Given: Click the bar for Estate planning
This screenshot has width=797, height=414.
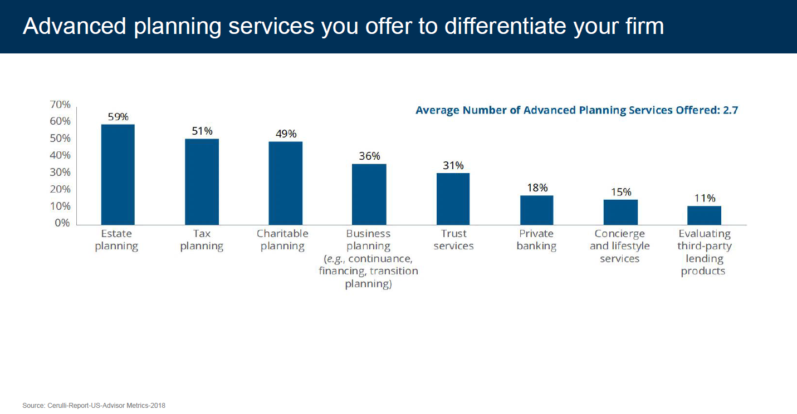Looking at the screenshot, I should [x=118, y=174].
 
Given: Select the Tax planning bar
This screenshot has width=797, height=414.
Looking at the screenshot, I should [x=202, y=181].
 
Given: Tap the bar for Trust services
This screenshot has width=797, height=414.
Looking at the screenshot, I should [x=453, y=199].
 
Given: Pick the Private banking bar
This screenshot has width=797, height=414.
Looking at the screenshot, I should [x=536, y=210].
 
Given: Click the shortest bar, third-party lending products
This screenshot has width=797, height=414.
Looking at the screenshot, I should [x=704, y=215].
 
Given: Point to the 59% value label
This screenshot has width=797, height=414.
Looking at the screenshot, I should [x=118, y=117].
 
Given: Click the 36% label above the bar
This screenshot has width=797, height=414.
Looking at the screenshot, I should [x=369, y=156].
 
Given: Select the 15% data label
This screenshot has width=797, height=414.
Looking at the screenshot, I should [x=620, y=192].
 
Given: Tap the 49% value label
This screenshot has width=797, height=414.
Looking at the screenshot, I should [x=286, y=134].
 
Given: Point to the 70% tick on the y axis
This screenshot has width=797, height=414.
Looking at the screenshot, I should [x=60, y=105].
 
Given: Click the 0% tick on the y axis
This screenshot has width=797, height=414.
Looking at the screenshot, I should [x=63, y=223].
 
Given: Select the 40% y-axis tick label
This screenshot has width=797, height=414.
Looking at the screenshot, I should [x=60, y=155].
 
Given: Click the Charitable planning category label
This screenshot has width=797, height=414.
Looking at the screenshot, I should [x=282, y=240].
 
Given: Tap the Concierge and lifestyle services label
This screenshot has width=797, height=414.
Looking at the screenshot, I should [x=619, y=246].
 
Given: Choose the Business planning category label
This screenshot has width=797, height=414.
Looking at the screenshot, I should [x=368, y=258].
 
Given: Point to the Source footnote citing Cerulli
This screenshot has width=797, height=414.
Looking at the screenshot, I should [x=94, y=406].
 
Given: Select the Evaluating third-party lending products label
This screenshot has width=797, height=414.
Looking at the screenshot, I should [x=704, y=252].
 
